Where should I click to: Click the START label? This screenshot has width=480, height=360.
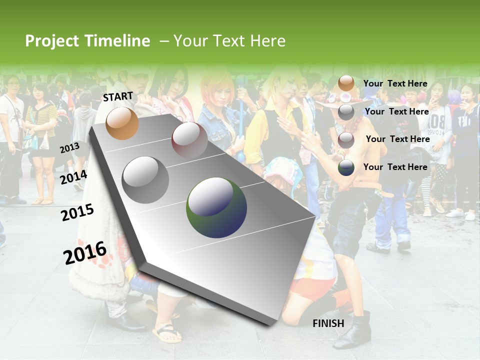[118, 96]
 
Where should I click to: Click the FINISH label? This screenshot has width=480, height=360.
[328, 323]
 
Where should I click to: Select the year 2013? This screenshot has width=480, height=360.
[69, 147]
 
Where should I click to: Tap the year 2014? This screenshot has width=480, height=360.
[73, 177]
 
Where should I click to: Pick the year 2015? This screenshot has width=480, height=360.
[77, 213]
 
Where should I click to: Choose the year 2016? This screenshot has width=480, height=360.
[85, 252]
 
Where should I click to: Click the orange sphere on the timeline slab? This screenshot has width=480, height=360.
[122, 123]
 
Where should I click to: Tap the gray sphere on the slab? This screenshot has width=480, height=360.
[145, 179]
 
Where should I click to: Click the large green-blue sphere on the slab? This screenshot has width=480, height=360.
[216, 207]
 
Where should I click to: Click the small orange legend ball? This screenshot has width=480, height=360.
[346, 83]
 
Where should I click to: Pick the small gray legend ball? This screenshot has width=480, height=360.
[346, 111]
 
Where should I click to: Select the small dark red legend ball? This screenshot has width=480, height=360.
[346, 140]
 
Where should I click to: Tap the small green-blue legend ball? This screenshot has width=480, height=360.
[346, 167]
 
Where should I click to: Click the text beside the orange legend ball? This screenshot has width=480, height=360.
[395, 83]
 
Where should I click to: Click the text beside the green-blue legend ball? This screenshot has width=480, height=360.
[395, 167]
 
